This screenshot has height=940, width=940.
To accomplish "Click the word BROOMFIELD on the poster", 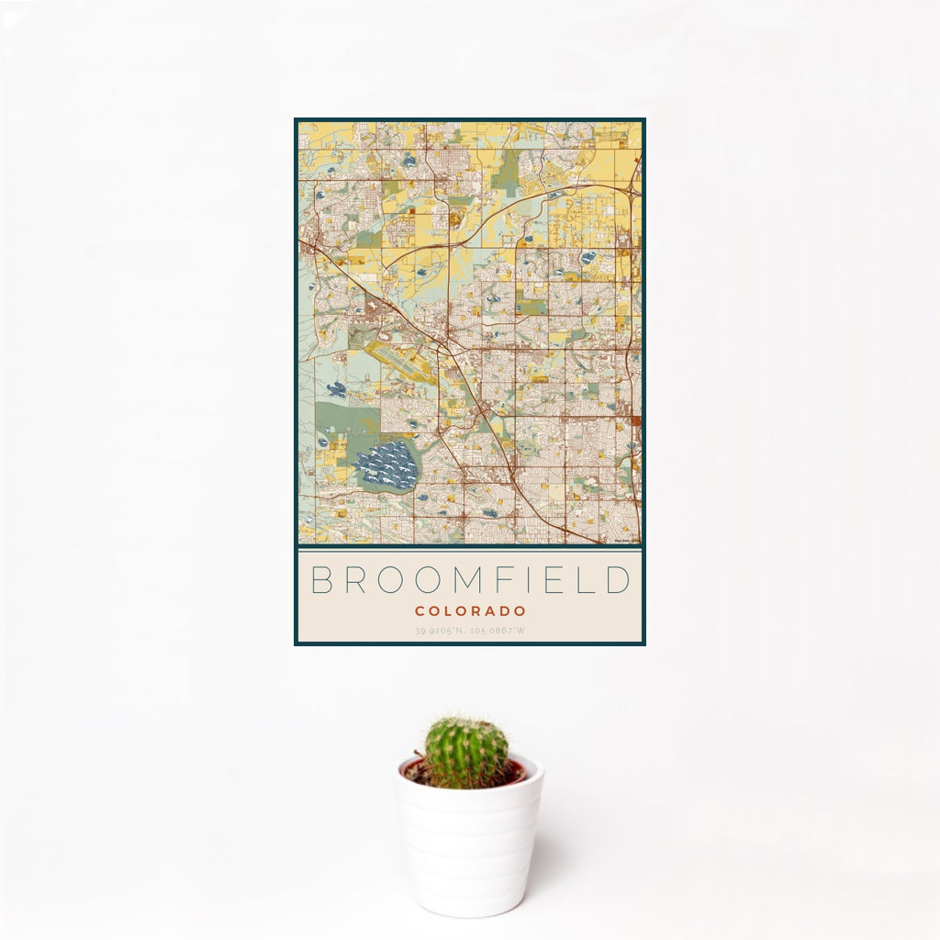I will pos(470,581).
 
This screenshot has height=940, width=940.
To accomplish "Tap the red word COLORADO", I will pos(470,610).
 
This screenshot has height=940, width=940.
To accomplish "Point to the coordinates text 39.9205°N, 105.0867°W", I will pos(470,630).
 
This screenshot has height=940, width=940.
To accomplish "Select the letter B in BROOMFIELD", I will pos(320,581).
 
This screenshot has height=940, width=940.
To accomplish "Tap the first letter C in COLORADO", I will pos(419,610).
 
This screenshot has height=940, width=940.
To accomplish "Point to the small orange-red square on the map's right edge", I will pos(636,421).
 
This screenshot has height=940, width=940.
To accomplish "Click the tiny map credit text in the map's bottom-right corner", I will pos(627,541).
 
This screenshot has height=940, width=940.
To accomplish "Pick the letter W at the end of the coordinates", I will pos(521,630).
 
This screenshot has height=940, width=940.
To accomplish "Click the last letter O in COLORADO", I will pos(520,610).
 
